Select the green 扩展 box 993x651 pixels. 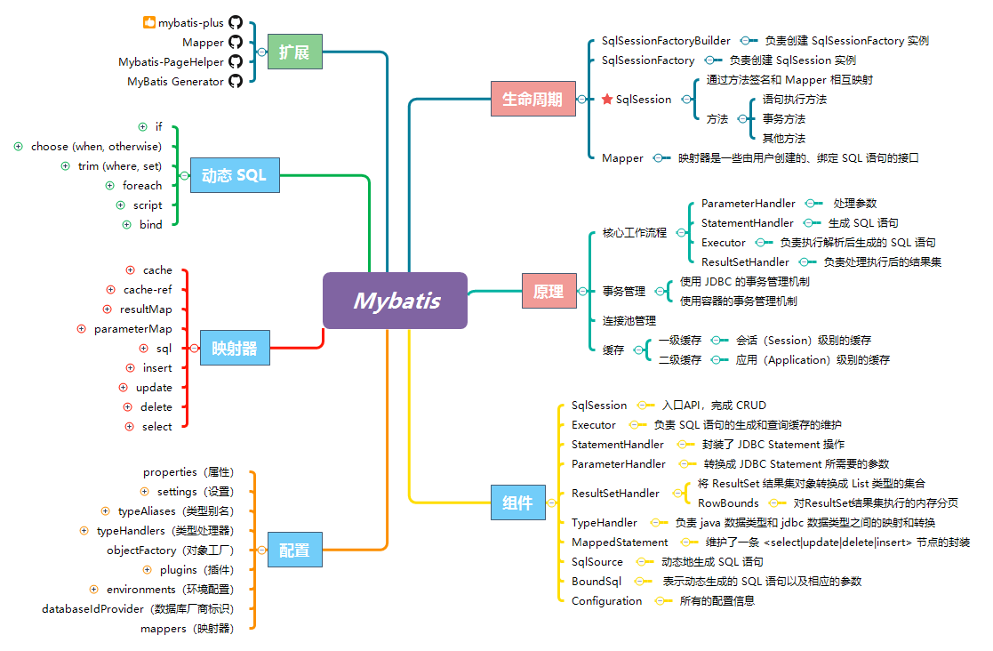pyautogui.click(x=294, y=52)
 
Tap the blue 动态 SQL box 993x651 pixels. pyautogui.click(x=234, y=175)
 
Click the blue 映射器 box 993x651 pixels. pyautogui.click(x=235, y=348)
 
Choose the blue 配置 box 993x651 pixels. pyautogui.click(x=294, y=551)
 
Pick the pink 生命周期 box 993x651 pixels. pyautogui.click(x=533, y=99)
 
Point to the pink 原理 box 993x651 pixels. pyautogui.click(x=548, y=291)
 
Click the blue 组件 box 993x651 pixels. pyautogui.click(x=517, y=502)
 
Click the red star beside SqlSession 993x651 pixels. pyautogui.click(x=607, y=100)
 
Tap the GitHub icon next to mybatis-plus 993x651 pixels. pyautogui.click(x=236, y=23)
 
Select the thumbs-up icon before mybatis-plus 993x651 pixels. pyautogui.click(x=149, y=22)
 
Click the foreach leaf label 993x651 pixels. pyautogui.click(x=142, y=186)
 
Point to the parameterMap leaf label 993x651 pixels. pyautogui.click(x=133, y=329)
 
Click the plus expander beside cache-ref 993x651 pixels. pyautogui.click(x=110, y=289)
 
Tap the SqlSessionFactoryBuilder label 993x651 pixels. pyautogui.click(x=666, y=41)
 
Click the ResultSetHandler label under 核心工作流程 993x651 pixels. pyautogui.click(x=745, y=262)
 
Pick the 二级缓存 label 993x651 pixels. pyautogui.click(x=680, y=360)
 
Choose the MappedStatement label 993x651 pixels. pyautogui.click(x=620, y=542)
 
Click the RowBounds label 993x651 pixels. pyautogui.click(x=728, y=503)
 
